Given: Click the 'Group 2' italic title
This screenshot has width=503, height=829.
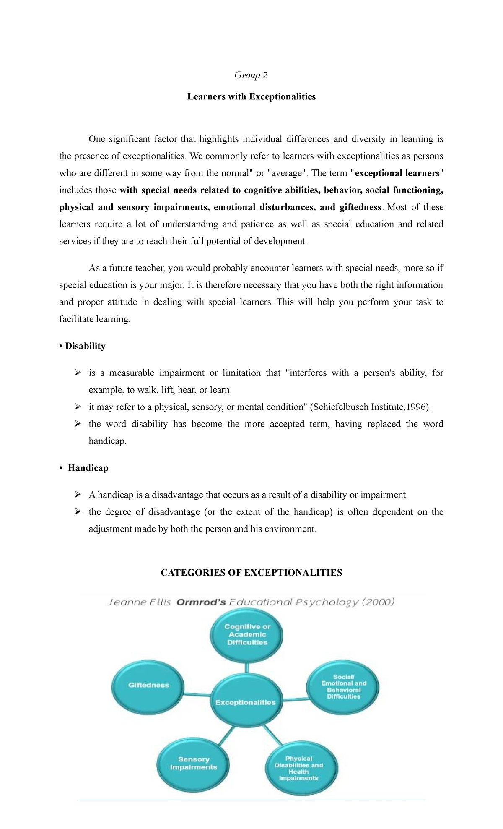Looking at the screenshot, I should [251, 76].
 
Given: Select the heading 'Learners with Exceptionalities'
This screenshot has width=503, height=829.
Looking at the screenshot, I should [251, 97].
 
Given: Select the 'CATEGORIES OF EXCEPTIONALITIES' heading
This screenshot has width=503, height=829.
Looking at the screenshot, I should [251, 573].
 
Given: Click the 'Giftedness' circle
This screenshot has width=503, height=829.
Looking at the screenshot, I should [148, 685].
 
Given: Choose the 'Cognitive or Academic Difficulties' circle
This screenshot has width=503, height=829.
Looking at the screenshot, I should [247, 634].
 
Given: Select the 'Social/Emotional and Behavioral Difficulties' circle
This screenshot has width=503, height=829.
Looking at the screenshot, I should [344, 687].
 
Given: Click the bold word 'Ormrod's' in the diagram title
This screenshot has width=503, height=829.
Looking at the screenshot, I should [201, 602].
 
